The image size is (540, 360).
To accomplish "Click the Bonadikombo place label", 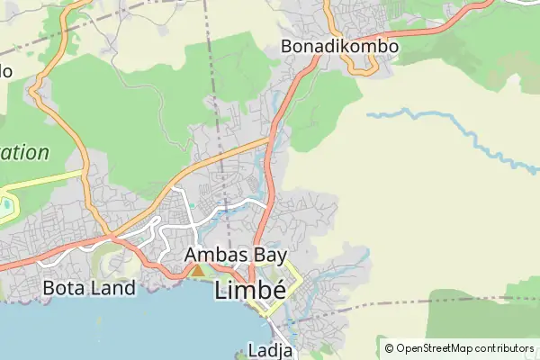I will click(x=339, y=46).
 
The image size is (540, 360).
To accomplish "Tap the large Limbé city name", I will click(x=249, y=290).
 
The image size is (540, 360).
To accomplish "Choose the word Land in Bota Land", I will click(x=114, y=289).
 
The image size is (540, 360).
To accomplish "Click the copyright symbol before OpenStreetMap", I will click(x=390, y=348).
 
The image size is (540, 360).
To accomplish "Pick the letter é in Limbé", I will click(x=279, y=290).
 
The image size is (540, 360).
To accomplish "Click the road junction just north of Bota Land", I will click(x=110, y=238).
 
